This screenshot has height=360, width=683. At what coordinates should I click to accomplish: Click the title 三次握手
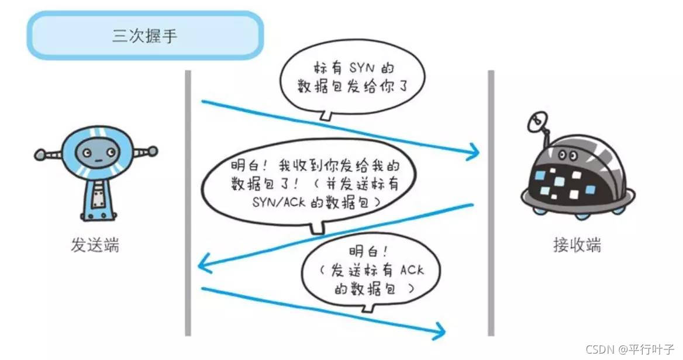tap(144, 36)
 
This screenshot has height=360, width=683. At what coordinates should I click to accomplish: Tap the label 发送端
tap(95, 245)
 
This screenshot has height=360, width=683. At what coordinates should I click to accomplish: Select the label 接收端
tap(577, 245)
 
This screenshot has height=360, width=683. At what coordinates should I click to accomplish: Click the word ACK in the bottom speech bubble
tap(412, 270)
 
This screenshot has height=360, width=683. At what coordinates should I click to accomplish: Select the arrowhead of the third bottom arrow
tap(440, 331)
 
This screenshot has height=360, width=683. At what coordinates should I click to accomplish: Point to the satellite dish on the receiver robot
tap(535, 122)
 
